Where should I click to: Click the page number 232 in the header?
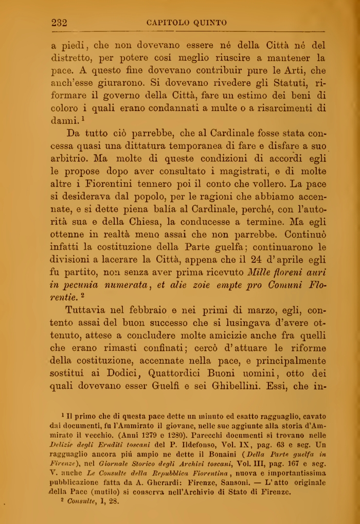[x=60, y=22]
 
